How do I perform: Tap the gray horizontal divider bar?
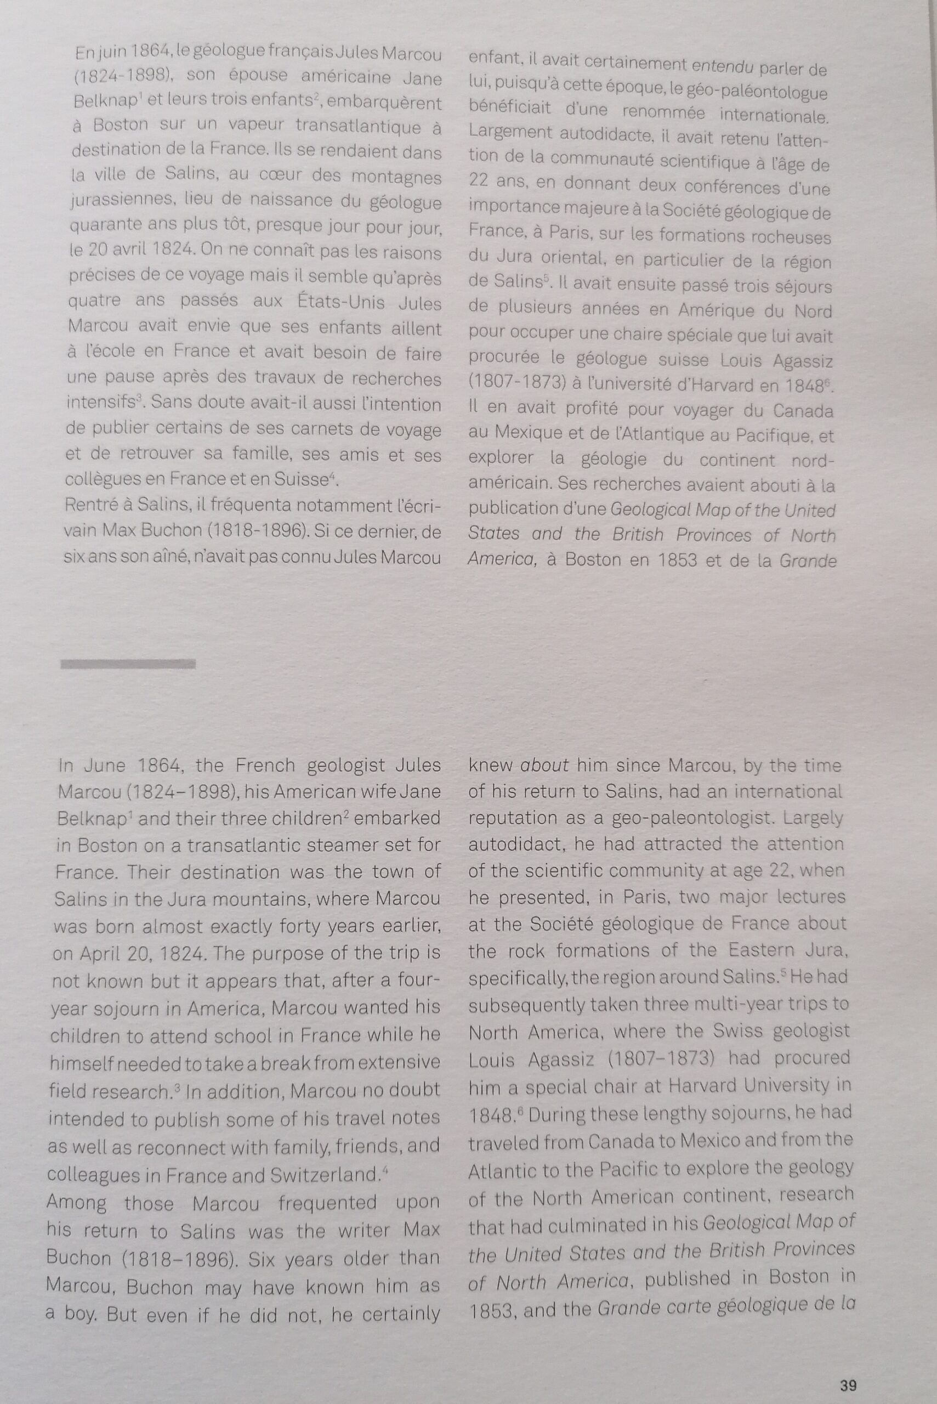[128, 664]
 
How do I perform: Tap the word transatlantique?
[353, 127]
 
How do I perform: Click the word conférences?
[725, 187]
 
